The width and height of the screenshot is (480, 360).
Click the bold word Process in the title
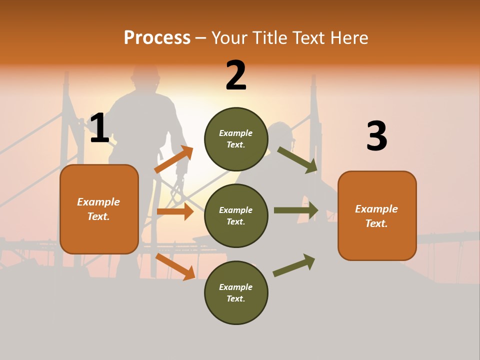coord(157,38)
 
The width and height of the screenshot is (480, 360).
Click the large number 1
coord(99,128)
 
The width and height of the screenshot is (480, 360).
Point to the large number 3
coord(376,136)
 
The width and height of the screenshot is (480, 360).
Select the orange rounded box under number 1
coord(99,209)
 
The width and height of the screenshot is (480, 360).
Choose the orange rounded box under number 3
coord(377,216)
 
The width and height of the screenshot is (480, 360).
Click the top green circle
coord(236,139)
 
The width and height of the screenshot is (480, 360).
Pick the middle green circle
coord(236,216)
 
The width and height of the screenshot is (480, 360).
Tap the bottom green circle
coord(236,293)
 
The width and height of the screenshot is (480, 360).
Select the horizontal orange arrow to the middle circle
coord(175,211)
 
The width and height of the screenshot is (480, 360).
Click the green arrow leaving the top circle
coord(297,159)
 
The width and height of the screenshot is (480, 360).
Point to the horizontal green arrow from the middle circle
coord(295,210)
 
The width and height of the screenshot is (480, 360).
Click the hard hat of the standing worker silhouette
coord(145,73)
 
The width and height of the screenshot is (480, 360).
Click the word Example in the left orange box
coord(98,202)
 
